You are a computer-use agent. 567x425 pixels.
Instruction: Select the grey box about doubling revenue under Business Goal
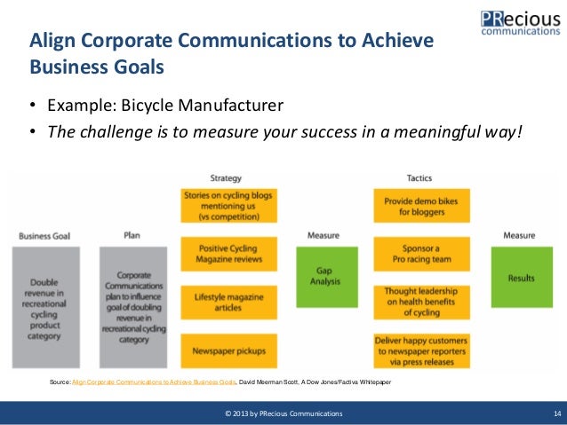(45, 306)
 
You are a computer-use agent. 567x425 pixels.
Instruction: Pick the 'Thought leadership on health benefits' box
(420, 301)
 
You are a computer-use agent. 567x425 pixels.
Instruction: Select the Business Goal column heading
(44, 235)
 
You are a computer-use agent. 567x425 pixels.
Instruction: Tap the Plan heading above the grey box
(131, 235)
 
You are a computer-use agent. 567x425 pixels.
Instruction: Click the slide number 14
(555, 414)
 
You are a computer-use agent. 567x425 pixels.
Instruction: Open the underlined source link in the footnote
(154, 382)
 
